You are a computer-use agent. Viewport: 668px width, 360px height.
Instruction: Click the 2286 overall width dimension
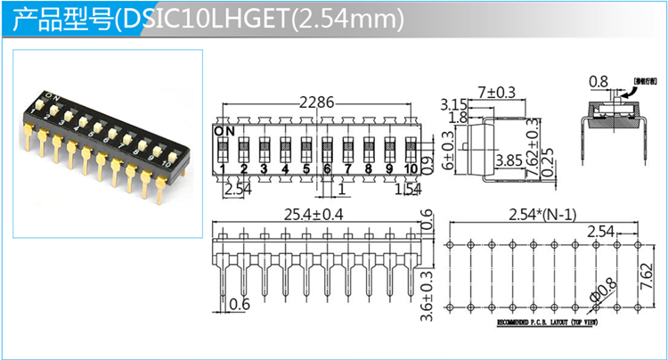click(317, 102)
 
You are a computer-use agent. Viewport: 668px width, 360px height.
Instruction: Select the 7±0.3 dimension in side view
click(496, 92)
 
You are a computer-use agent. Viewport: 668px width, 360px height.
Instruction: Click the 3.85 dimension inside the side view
click(508, 161)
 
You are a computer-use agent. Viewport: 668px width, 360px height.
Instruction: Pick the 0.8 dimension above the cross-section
click(599, 82)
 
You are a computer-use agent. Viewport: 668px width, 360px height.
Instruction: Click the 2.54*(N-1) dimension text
click(543, 215)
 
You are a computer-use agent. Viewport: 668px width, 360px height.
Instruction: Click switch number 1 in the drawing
click(222, 169)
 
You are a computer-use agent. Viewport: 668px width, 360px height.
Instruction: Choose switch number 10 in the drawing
click(410, 169)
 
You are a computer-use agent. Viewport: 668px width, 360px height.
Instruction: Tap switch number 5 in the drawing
click(305, 169)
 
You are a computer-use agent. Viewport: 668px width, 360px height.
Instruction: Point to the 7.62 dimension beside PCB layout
click(648, 272)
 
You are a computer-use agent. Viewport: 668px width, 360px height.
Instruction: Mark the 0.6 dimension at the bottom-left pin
click(240, 305)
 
